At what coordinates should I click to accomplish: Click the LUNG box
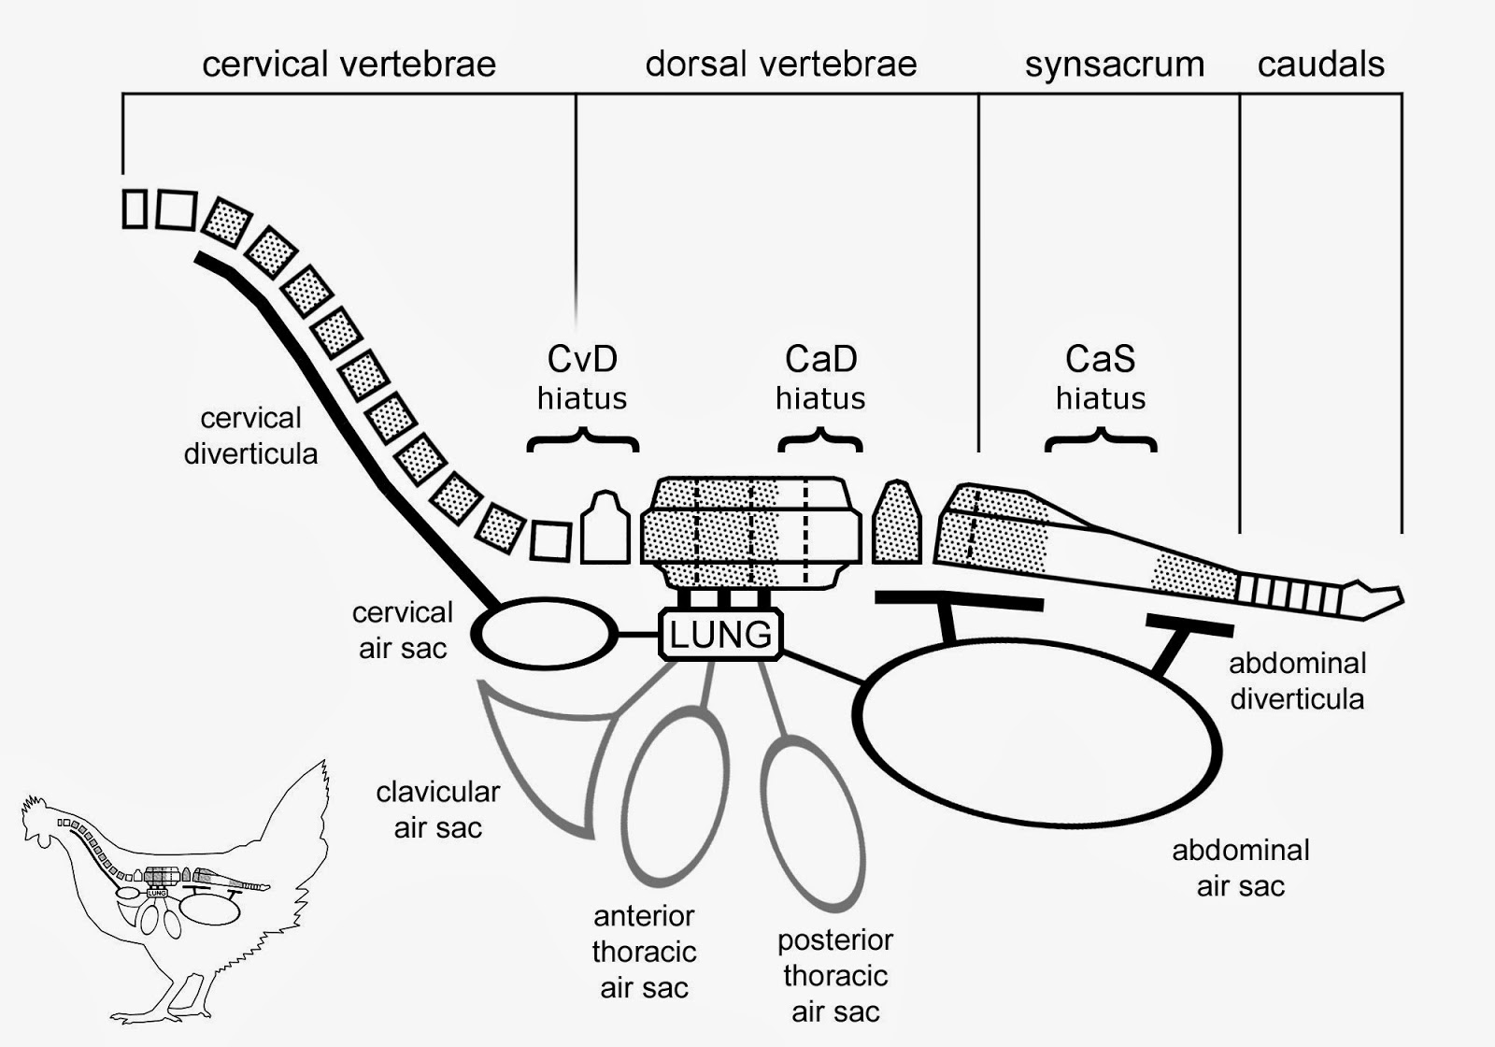click(720, 635)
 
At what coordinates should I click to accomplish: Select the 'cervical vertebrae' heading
click(349, 65)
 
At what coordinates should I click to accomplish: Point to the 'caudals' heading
click(1321, 65)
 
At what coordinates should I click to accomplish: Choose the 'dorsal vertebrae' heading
click(781, 65)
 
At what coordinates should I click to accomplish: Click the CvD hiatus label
click(582, 378)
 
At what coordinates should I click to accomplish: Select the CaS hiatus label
click(1101, 378)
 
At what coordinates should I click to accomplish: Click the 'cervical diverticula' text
click(251, 436)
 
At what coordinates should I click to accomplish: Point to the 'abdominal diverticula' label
click(1298, 681)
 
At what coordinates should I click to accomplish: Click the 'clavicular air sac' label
click(438, 810)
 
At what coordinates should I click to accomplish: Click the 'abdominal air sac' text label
click(1241, 868)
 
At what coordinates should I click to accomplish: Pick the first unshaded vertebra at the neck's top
click(135, 209)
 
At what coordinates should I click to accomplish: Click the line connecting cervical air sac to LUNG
click(638, 635)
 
